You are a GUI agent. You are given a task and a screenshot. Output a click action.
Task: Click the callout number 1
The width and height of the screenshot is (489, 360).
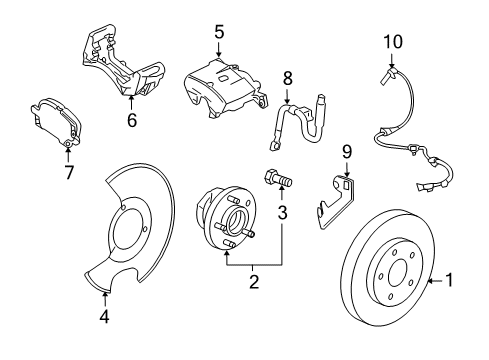click(x=450, y=282)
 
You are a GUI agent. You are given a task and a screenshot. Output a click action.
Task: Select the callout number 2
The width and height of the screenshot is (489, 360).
click(x=254, y=282)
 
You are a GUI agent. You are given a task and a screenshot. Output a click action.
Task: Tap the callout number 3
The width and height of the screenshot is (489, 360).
click(x=283, y=214)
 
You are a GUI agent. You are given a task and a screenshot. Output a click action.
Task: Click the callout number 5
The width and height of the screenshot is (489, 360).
click(x=218, y=33)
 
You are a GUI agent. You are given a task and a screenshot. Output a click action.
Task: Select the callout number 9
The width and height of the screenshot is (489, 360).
click(x=347, y=152)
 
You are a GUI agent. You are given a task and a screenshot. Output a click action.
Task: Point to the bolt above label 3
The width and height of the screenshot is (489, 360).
click(x=279, y=183)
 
